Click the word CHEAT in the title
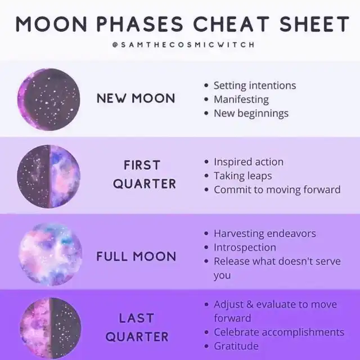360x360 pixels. [x=231, y=24]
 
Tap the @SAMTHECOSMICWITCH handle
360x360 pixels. [x=183, y=44]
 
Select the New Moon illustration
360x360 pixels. [x=49, y=100]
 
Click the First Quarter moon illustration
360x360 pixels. [x=49, y=176]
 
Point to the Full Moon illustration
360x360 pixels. [x=50, y=254]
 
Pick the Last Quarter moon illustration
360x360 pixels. [x=50, y=328]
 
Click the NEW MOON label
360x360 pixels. [x=136, y=98]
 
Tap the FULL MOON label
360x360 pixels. [x=136, y=256]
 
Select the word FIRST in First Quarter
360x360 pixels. [x=142, y=165]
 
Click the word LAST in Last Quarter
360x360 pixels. [x=136, y=318]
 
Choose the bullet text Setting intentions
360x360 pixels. [x=255, y=85]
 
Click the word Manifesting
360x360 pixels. [x=241, y=100]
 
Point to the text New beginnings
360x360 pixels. [x=251, y=114]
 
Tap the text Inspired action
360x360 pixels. [x=249, y=162]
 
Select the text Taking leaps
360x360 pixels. [x=243, y=176]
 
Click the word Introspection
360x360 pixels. [x=245, y=247]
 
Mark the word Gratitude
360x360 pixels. [x=236, y=346]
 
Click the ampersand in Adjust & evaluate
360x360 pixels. [x=250, y=304]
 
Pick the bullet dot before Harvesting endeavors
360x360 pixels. [x=206, y=233]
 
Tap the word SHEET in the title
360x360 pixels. [x=314, y=24]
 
